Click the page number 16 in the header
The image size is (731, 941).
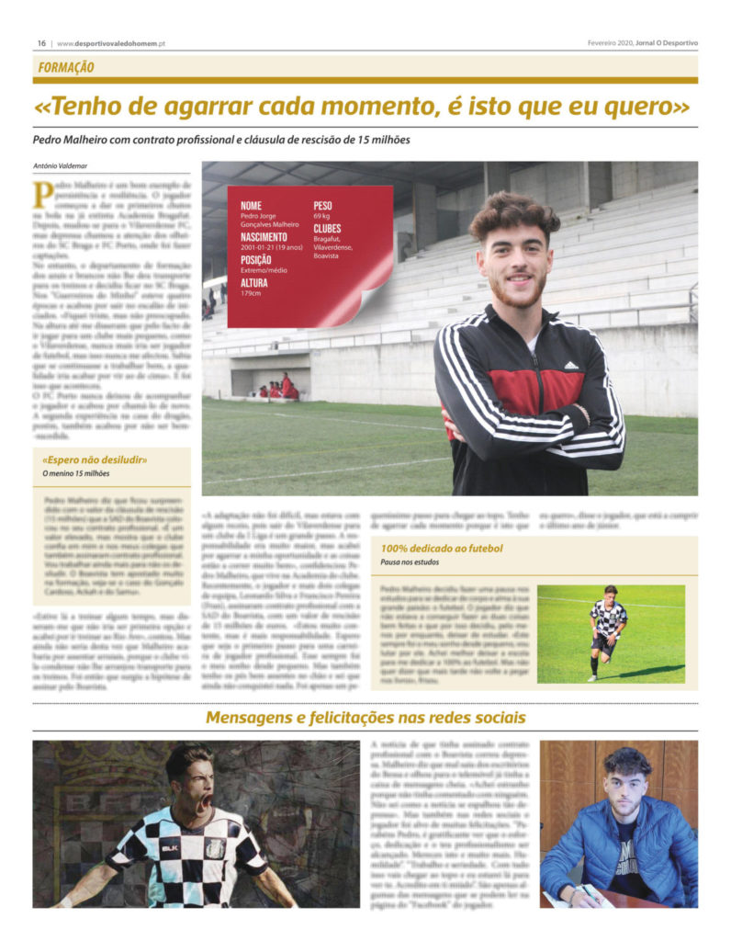(x=41, y=43)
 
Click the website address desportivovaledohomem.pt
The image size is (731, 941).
(x=110, y=43)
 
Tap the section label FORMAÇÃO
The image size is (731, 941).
(x=66, y=67)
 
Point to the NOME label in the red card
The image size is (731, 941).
(x=251, y=205)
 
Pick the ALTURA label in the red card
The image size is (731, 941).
(x=256, y=284)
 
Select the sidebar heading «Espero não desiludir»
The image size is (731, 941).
(x=95, y=459)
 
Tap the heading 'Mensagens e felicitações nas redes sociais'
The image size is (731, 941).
(x=365, y=717)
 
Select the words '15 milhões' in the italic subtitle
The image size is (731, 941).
(x=380, y=140)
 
